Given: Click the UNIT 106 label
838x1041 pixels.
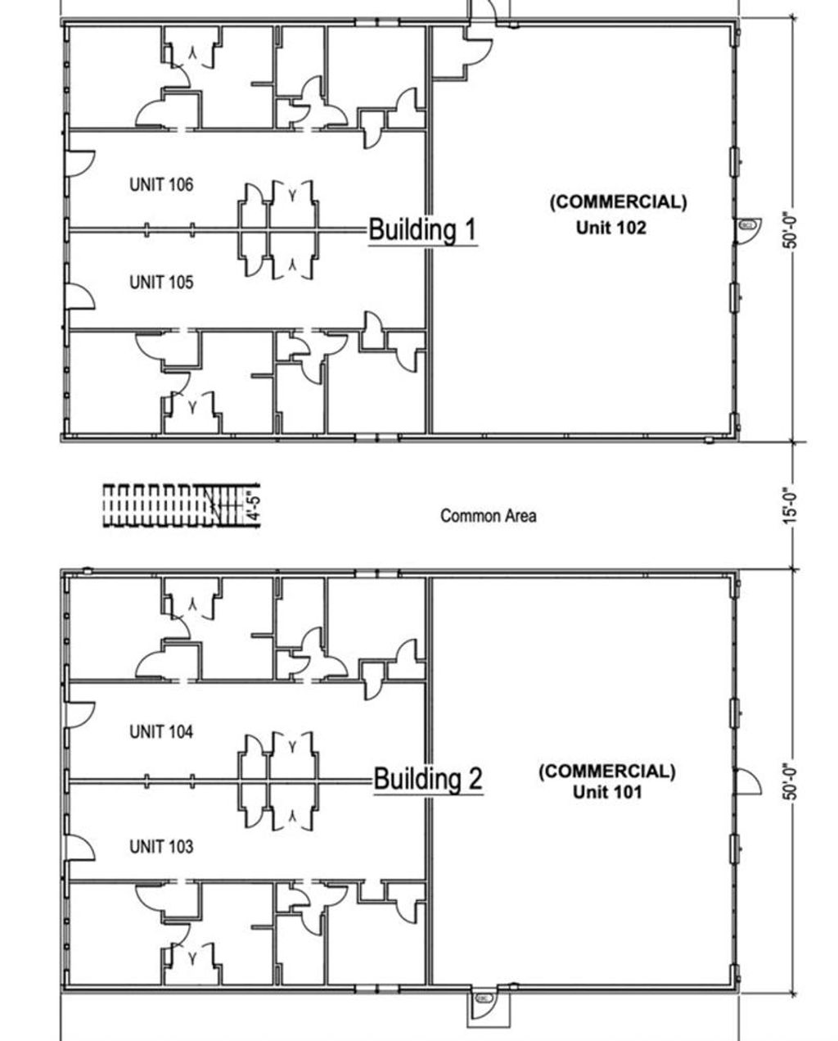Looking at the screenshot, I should click(x=161, y=185).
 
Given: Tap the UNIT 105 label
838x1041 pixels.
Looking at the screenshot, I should click(x=161, y=283).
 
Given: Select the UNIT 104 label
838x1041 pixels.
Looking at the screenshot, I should click(x=161, y=732).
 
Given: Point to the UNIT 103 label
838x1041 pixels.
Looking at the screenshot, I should click(x=161, y=846).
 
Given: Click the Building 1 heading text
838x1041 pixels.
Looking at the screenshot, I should click(x=422, y=229).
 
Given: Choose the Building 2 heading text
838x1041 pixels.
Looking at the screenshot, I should click(x=428, y=777).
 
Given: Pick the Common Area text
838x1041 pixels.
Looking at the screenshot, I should click(x=489, y=516).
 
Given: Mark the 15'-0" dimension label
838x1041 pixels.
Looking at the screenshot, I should click(x=789, y=506).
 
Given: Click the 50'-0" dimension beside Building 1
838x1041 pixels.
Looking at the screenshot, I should click(x=789, y=230).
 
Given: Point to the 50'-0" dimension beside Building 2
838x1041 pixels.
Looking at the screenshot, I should click(x=789, y=783).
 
